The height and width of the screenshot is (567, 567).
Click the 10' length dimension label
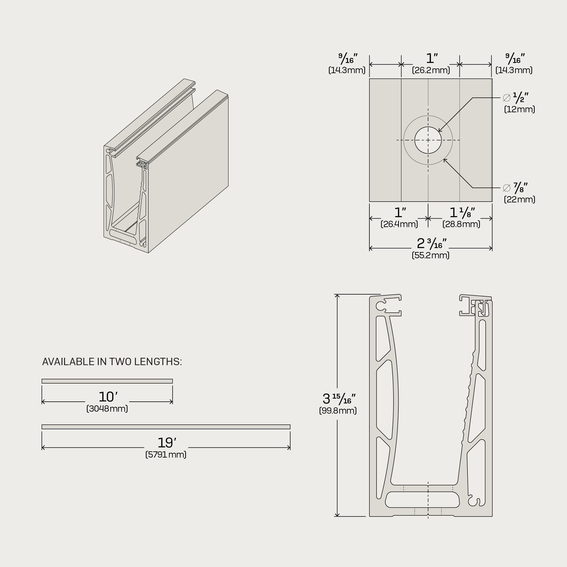[x=108, y=397]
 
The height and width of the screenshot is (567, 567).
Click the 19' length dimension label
[x=167, y=443]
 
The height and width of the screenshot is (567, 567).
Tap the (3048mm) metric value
[x=107, y=409]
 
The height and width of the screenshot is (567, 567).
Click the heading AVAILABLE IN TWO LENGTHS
[x=112, y=362]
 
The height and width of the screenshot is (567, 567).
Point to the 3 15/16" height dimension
[x=339, y=399]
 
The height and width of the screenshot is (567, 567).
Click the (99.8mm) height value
[x=338, y=411]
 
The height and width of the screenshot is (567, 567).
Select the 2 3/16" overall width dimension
[x=431, y=243]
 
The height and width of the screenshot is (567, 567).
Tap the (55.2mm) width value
[x=431, y=255]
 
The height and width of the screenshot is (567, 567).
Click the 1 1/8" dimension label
[x=462, y=212]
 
